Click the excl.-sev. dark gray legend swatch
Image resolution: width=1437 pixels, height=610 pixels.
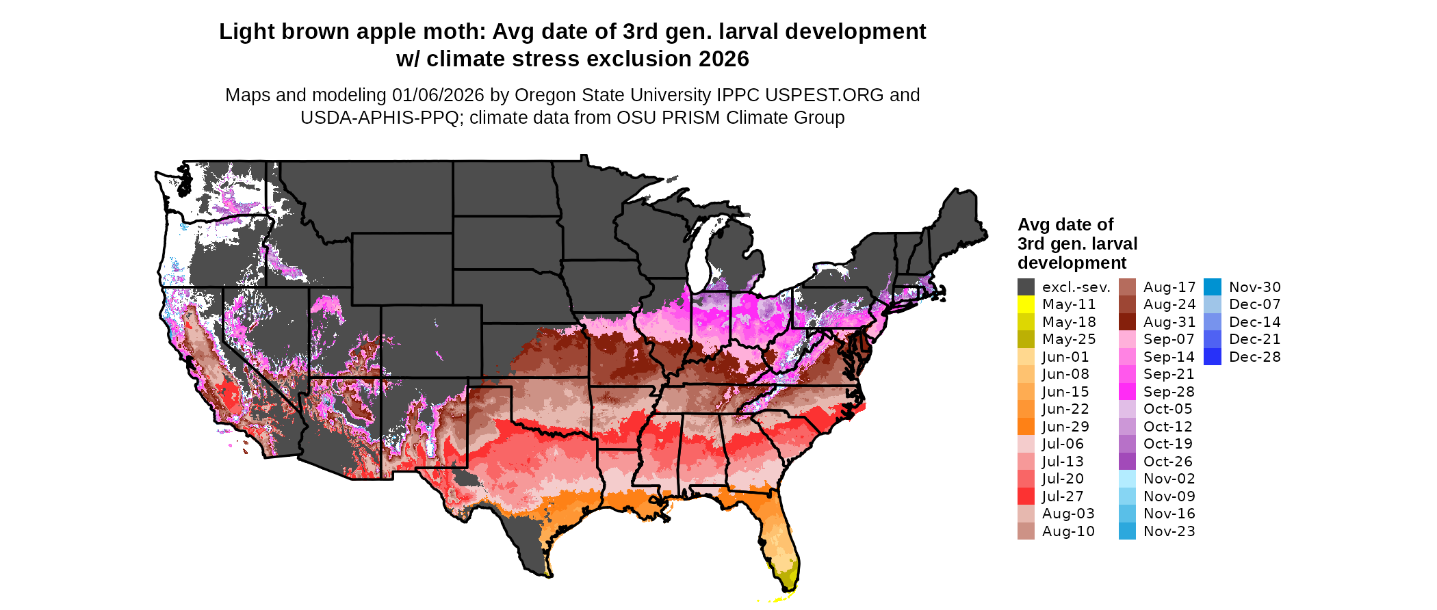point(1026,287)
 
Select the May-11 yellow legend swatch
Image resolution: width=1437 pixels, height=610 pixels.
point(1026,304)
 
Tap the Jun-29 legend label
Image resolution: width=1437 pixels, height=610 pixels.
point(1065,427)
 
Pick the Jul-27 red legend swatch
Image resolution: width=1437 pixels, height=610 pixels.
point(1026,496)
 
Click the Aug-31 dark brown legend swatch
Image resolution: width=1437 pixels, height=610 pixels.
point(1127,322)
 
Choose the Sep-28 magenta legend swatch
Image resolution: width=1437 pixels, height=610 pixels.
point(1127,392)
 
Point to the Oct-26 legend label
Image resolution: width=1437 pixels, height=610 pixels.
point(1167,462)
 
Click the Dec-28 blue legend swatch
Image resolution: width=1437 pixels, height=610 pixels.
point(1213,357)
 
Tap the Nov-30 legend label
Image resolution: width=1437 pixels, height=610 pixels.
point(1254,287)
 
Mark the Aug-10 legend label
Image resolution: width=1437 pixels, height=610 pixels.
point(1068,531)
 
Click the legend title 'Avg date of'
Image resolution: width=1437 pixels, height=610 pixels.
point(1065,225)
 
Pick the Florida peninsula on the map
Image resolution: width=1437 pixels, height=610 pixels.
point(780,540)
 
